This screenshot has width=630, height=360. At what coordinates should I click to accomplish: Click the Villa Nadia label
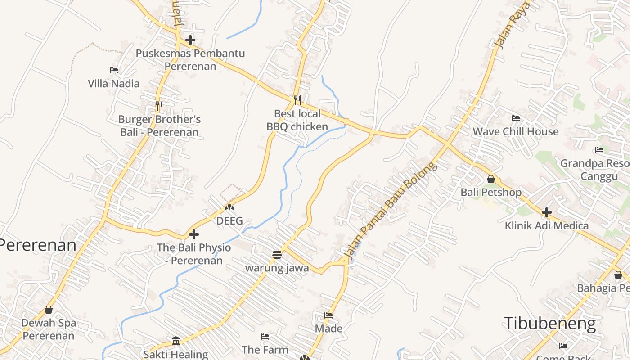(113, 83)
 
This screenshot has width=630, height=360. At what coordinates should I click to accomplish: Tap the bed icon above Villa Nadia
(114, 70)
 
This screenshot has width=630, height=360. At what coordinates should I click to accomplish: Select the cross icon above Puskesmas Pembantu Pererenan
(190, 40)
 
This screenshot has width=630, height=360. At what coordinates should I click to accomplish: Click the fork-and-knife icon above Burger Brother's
(159, 106)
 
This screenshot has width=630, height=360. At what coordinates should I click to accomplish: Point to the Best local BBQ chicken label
(297, 120)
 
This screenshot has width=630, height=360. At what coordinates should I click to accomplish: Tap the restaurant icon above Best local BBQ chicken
(297, 100)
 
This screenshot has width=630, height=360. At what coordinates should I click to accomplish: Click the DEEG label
(229, 221)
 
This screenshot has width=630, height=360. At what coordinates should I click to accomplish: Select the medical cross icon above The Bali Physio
(194, 234)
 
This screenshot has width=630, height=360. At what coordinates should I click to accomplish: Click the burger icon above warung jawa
(277, 255)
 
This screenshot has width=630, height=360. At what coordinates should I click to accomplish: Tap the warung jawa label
(277, 268)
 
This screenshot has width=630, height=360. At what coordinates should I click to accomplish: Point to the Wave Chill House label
(515, 132)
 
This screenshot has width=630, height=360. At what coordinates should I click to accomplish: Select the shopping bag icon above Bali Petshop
(491, 179)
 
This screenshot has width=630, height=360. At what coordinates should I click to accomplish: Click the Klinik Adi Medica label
(546, 225)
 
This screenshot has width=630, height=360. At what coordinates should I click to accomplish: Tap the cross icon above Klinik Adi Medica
(547, 212)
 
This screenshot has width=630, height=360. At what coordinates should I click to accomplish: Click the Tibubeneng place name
(549, 324)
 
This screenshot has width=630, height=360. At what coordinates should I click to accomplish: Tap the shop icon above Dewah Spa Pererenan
(49, 310)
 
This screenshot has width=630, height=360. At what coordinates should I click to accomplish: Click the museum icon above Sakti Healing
(176, 341)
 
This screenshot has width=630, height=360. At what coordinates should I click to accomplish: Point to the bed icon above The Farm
(265, 336)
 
